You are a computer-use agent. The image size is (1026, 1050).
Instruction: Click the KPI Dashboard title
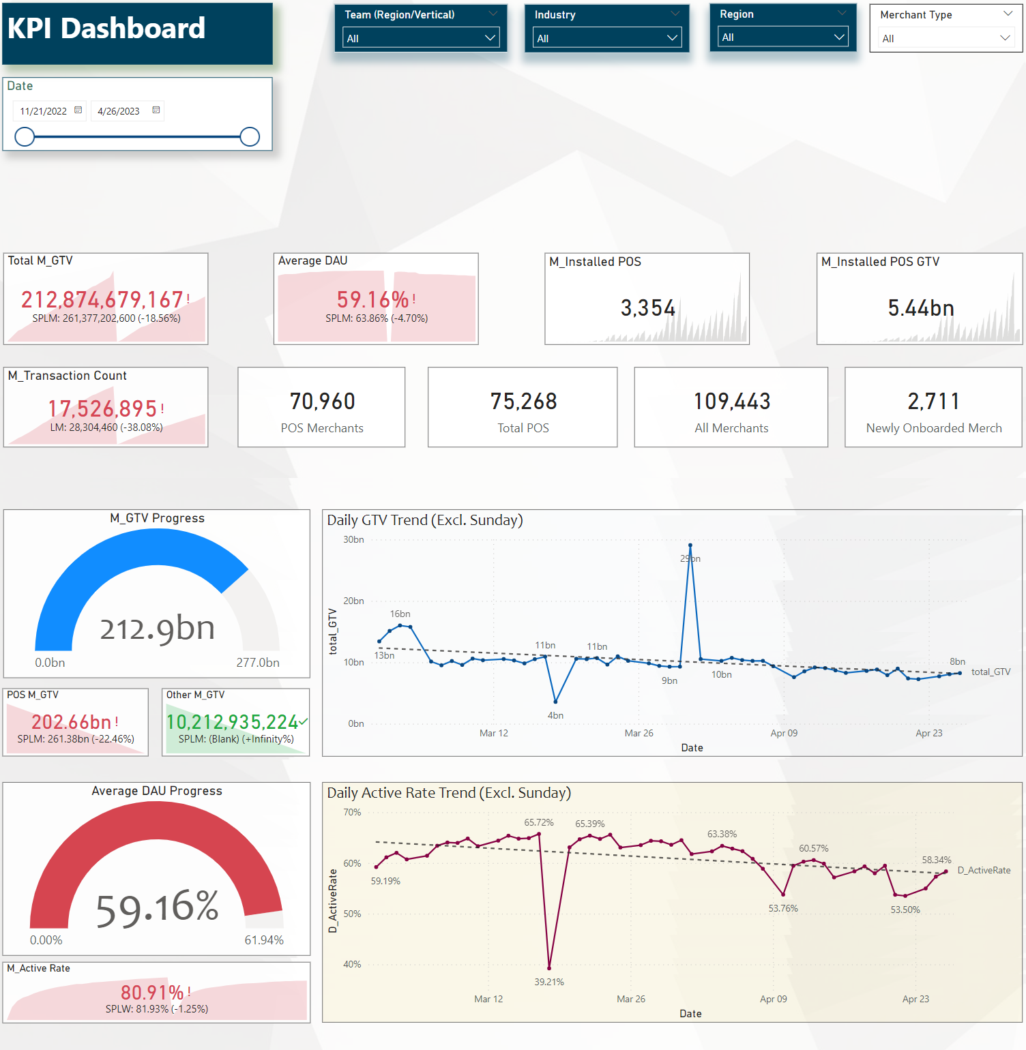[x=106, y=29]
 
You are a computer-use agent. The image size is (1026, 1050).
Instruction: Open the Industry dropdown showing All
[x=606, y=38]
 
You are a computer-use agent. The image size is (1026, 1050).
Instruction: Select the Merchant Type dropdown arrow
[x=1005, y=38]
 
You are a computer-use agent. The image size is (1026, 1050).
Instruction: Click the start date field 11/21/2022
[x=44, y=111]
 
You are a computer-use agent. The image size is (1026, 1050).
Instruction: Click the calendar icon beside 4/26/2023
[x=156, y=110]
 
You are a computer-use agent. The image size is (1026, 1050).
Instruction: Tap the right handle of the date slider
[x=250, y=137]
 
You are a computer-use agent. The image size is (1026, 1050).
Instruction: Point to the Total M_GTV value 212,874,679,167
[x=102, y=299]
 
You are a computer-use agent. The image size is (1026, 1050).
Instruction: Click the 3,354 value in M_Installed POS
[x=647, y=308]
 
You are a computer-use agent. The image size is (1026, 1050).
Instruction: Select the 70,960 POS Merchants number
[x=322, y=402]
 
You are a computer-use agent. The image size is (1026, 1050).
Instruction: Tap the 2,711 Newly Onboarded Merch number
[x=933, y=402]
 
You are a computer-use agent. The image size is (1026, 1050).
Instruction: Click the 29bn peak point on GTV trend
[x=690, y=545]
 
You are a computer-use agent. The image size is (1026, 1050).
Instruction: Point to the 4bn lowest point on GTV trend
[x=556, y=701]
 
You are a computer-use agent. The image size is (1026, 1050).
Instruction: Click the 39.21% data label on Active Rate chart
[x=549, y=982]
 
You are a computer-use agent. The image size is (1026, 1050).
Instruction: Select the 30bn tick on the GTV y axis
[x=353, y=539]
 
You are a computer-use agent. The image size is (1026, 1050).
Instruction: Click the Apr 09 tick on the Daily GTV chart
[x=784, y=733]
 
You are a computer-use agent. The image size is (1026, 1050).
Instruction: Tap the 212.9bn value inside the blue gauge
[x=158, y=629]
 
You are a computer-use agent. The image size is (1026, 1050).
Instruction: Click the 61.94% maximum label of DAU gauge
[x=264, y=940]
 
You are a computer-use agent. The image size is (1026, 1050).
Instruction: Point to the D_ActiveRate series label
[x=984, y=870]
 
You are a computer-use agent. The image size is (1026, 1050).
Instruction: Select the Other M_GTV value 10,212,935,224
[x=232, y=722]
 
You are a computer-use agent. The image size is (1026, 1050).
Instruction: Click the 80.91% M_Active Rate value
[x=152, y=992]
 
